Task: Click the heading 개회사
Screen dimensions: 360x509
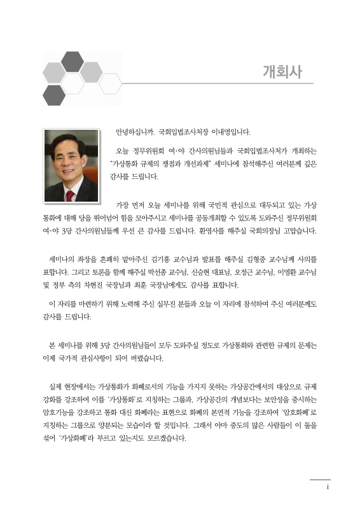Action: click(x=282, y=71)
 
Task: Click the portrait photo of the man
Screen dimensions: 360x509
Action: click(x=71, y=166)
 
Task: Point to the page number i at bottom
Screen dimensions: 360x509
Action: click(x=326, y=487)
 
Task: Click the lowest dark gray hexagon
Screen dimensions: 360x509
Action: click(x=54, y=95)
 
